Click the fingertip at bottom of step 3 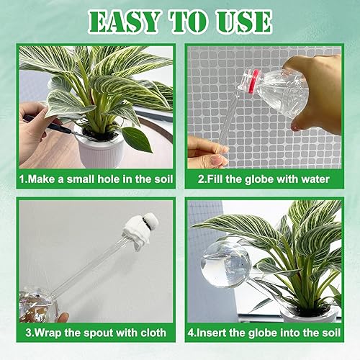(63, 317)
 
